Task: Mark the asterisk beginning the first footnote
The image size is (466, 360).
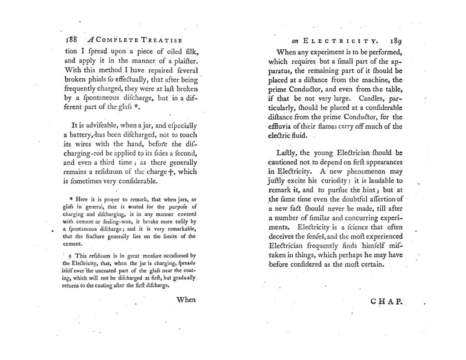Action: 71,199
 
